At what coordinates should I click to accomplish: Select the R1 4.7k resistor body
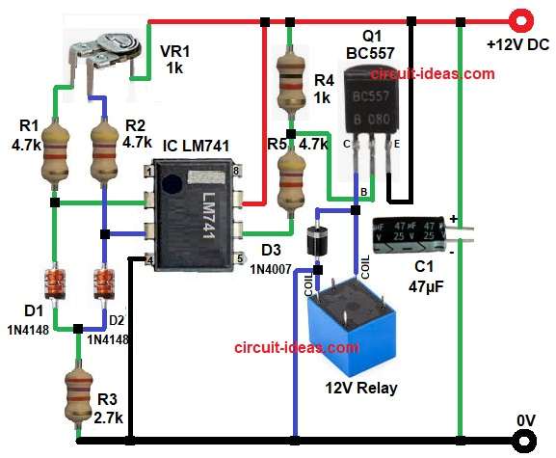point(54,155)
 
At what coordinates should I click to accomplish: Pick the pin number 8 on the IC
point(236,171)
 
